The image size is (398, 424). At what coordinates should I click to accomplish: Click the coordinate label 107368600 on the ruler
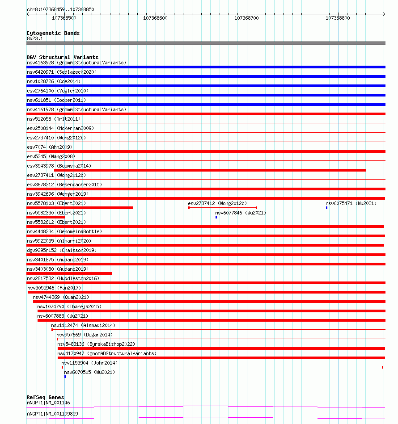tap(155, 18)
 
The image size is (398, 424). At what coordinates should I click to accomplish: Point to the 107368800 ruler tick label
tap(338, 18)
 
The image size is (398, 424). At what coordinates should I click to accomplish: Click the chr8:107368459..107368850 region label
tap(60, 9)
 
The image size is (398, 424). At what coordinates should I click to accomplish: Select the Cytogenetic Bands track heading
tap(53, 33)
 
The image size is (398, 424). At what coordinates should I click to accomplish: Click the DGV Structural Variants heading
tap(62, 57)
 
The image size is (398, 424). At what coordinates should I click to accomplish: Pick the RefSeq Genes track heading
tap(45, 397)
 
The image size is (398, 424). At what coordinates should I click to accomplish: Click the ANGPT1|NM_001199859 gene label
tap(52, 414)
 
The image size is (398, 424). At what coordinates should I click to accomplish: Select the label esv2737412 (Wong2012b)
tap(217, 203)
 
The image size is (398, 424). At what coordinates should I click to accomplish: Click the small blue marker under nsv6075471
tap(326, 208)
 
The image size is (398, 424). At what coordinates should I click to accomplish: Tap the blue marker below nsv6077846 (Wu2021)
tap(216, 217)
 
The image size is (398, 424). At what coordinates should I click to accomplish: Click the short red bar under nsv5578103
tap(80, 208)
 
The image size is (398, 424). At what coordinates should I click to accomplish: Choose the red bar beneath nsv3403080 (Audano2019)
tap(69, 273)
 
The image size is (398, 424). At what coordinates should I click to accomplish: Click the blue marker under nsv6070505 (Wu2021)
tap(65, 377)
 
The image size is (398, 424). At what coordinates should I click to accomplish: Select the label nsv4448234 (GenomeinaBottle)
tap(64, 231)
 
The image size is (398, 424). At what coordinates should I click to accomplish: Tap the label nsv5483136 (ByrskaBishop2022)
tap(96, 344)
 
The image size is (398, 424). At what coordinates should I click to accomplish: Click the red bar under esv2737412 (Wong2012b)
tap(223, 208)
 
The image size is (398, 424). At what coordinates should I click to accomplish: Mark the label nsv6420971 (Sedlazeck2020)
tap(61, 72)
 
